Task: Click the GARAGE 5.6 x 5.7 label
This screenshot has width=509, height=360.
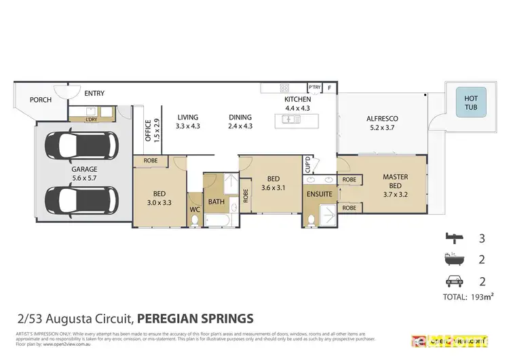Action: (85, 174)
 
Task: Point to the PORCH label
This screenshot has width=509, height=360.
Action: (40, 100)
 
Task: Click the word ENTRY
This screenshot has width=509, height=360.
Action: (94, 92)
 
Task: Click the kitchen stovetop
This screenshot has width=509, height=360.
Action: (284, 88)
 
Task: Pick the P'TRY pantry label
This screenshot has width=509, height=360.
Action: (314, 88)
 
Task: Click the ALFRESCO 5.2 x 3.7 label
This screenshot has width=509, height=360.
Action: (382, 122)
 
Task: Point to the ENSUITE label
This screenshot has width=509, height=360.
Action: (319, 194)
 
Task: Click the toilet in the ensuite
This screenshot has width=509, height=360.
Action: (312, 219)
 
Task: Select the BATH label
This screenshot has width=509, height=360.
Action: (216, 202)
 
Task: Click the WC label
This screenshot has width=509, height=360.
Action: (194, 209)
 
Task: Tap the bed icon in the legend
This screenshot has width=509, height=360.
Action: (451, 238)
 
